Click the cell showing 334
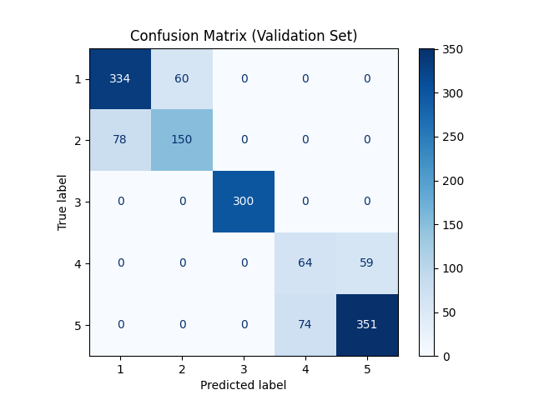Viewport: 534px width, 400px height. pos(120,78)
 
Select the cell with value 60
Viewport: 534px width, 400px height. pos(182,78)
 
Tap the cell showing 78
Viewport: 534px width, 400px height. pos(120,140)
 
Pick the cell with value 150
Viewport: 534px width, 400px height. pos(182,140)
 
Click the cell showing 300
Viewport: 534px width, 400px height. pos(244,202)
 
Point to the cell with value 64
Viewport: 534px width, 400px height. pos(305,263)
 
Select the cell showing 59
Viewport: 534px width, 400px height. pos(367,263)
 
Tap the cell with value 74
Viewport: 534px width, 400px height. pos(305,325)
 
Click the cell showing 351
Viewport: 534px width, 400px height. pos(367,325)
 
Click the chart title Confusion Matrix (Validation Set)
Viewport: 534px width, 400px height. pos(244,36)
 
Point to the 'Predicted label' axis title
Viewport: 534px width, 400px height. pos(244,385)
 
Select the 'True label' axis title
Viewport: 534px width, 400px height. pos(63,202)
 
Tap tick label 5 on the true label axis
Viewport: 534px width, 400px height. pos(78,325)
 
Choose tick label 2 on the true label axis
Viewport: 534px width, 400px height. pos(78,140)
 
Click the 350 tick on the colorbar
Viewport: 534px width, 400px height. pos(456,50)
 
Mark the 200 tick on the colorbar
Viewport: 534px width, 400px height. pos(456,181)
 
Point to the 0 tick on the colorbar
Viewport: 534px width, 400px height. pos(451,356)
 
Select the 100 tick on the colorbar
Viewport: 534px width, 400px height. pos(456,268)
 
